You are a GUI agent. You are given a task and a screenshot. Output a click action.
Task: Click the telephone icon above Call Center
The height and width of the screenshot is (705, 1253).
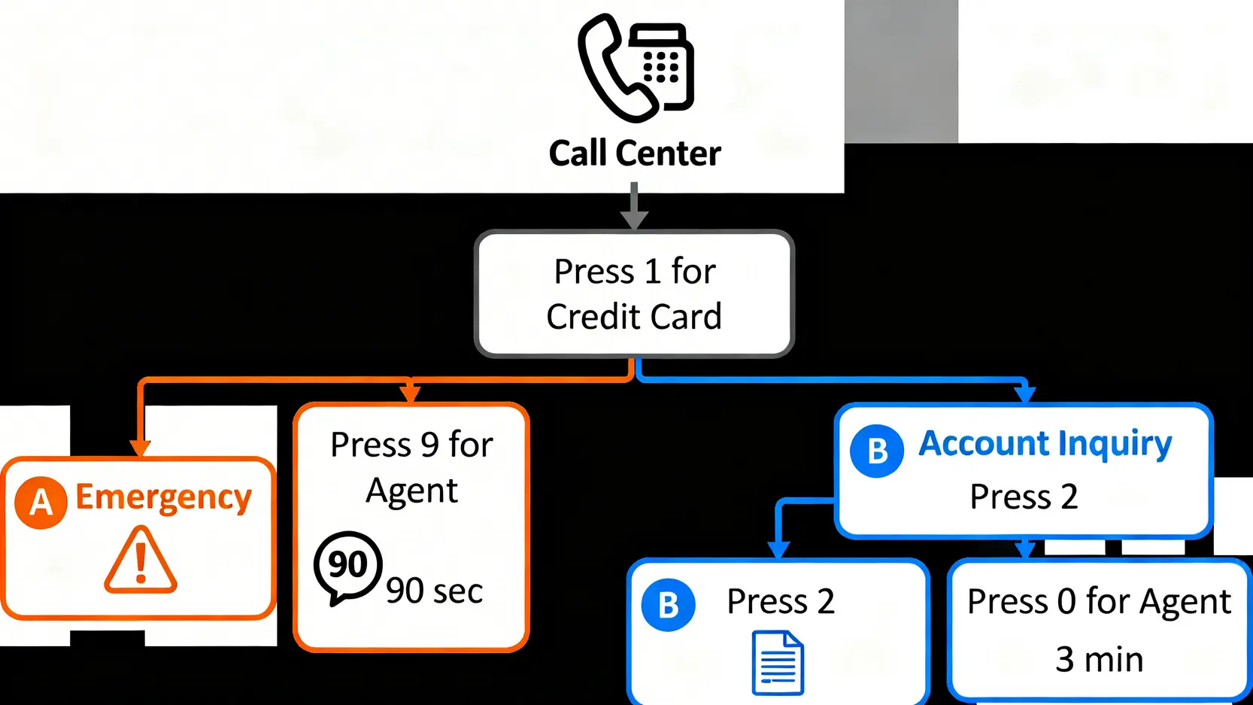click(636, 68)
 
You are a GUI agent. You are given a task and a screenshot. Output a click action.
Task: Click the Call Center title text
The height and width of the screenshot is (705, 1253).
click(635, 153)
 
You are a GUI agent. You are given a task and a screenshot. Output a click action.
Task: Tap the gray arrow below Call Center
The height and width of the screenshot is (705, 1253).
click(634, 207)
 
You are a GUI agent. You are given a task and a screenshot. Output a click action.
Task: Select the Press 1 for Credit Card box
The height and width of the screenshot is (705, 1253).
click(634, 293)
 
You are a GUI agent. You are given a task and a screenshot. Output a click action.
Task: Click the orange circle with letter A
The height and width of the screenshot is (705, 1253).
click(41, 502)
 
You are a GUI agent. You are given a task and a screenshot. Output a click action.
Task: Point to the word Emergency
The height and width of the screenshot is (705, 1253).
click(163, 498)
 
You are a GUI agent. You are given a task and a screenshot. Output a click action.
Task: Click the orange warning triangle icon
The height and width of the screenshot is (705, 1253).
click(141, 561)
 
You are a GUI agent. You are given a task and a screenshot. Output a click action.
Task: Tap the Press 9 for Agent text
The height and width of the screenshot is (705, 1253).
click(411, 467)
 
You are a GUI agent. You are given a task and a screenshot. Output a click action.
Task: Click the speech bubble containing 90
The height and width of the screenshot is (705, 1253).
click(347, 566)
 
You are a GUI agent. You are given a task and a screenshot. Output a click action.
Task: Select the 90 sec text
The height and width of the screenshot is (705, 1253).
click(434, 591)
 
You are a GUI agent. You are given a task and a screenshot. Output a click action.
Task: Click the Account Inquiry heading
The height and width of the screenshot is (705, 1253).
click(1045, 444)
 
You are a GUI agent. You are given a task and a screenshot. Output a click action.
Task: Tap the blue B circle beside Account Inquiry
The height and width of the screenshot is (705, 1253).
click(876, 451)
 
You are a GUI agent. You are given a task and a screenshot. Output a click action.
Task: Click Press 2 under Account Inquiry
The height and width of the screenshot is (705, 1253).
click(1024, 497)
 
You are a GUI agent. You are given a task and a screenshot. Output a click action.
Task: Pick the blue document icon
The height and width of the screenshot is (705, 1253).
click(778, 663)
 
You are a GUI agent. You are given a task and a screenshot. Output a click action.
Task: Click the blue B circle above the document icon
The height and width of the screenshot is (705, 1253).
click(668, 605)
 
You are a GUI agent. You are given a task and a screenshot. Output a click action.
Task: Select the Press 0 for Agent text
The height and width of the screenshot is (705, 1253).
click(1099, 602)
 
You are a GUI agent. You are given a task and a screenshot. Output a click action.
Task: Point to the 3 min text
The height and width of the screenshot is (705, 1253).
click(1099, 660)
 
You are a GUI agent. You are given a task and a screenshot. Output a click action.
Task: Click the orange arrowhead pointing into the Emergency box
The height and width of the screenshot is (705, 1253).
click(141, 448)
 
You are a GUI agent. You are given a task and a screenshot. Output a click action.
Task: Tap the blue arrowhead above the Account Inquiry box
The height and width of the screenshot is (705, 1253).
click(1024, 394)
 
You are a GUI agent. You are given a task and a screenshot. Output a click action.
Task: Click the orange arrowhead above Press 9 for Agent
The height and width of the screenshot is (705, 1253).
click(410, 394)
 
